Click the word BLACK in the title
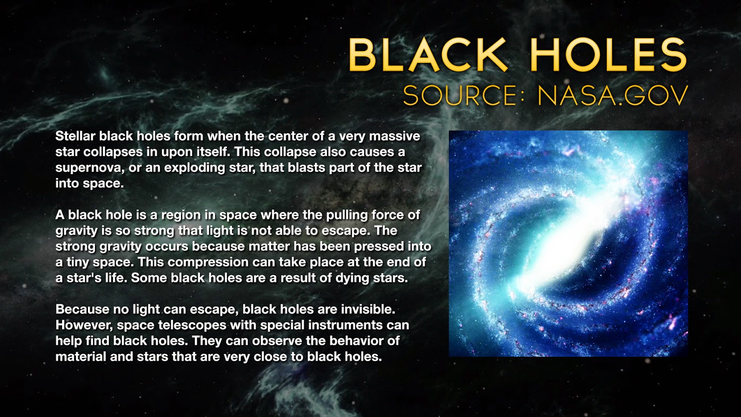click(428, 55)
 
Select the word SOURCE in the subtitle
click(459, 95)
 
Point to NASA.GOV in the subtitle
click(613, 95)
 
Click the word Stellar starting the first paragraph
click(75, 136)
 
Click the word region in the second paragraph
click(181, 215)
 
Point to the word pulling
click(347, 215)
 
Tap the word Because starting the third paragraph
click(82, 310)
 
